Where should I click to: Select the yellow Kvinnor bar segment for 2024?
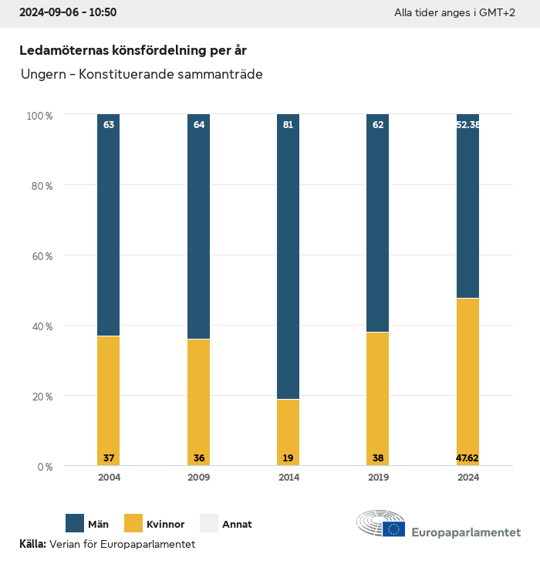coord(467,382)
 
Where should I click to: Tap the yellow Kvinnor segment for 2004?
coord(109,400)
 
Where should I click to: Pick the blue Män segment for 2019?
coord(378,223)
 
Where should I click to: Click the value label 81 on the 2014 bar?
coord(288,124)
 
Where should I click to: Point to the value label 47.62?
coord(467,458)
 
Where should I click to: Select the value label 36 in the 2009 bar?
coord(199,458)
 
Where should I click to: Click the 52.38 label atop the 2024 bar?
coord(467,124)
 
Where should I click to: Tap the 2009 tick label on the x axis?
coord(199,478)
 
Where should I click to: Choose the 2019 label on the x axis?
coord(378,478)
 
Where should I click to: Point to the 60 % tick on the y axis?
coord(39,255)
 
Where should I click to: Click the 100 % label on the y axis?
coord(39,115)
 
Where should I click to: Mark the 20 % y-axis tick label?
coord(39,397)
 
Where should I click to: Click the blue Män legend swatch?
coord(76,523)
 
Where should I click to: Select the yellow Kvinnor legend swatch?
coord(133,523)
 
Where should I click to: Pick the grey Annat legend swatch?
coord(210,523)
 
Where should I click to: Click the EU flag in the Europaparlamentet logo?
coord(393,529)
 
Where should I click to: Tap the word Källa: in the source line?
coord(32,544)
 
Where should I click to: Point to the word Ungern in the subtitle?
coord(41,75)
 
